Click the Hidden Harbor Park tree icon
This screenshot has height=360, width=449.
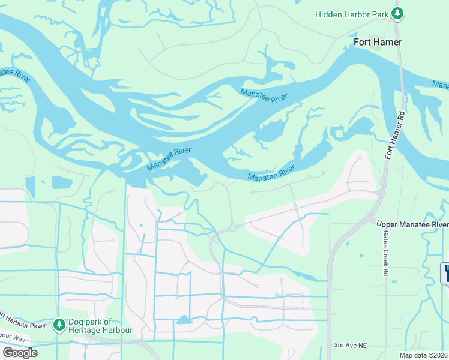396,13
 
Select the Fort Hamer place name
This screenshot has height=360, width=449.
378,42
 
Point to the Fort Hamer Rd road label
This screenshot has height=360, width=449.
392,136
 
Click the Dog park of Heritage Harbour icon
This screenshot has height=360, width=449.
59,325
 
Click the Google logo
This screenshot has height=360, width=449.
20,353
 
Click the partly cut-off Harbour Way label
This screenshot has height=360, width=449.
12,339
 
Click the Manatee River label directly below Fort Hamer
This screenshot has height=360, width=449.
264,96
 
